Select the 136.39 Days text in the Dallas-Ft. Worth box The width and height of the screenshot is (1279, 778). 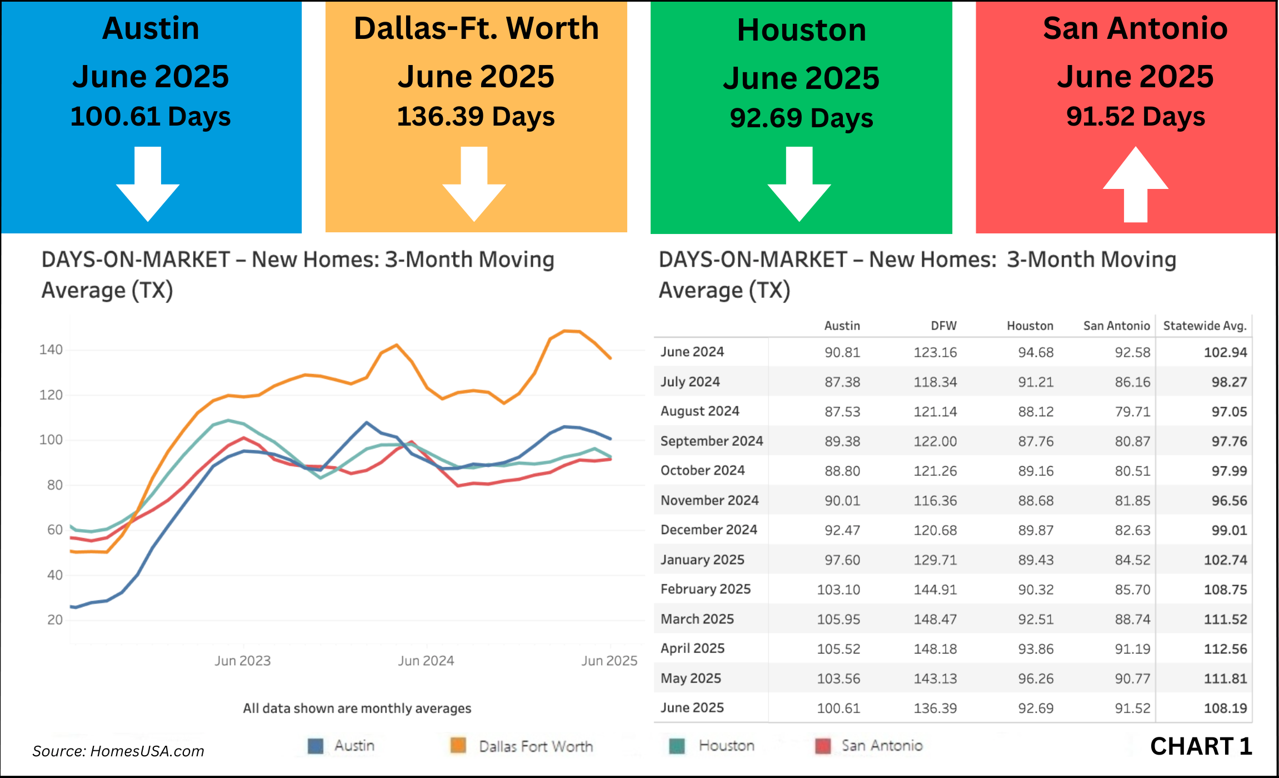click(x=476, y=117)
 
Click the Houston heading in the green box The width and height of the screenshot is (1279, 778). click(x=801, y=30)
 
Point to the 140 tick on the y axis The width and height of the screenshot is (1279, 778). click(x=51, y=350)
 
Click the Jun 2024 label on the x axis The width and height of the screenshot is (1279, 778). click(x=426, y=661)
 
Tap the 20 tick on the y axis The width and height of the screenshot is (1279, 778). click(x=55, y=620)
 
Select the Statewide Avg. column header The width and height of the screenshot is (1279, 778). click(x=1205, y=326)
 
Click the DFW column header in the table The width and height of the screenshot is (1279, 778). click(x=943, y=326)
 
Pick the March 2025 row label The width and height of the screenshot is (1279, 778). click(x=697, y=619)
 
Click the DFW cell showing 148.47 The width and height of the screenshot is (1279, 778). click(x=935, y=619)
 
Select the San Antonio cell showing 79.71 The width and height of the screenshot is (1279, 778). click(x=1132, y=412)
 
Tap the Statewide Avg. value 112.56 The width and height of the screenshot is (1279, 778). click(x=1225, y=649)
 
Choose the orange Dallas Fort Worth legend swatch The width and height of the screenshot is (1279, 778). click(x=458, y=746)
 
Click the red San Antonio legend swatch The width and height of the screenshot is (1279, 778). click(x=823, y=746)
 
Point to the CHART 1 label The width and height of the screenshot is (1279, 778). click(x=1201, y=746)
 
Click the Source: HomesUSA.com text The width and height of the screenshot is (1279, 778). click(x=118, y=751)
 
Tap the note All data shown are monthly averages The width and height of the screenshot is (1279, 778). click(x=357, y=709)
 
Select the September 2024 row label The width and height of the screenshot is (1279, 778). click(x=711, y=441)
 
